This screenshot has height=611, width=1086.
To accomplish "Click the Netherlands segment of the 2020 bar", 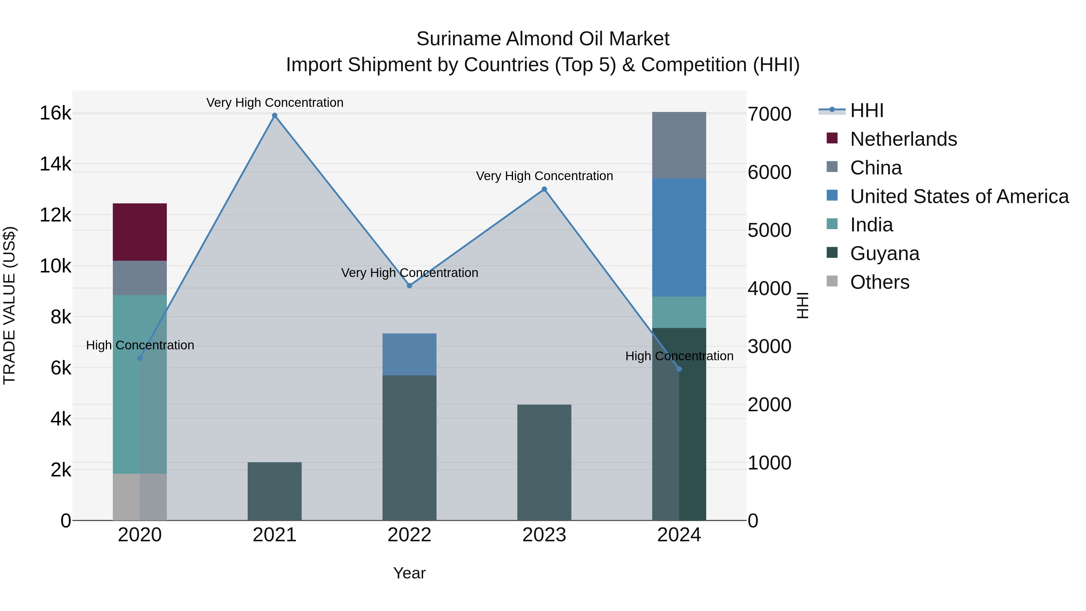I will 140,232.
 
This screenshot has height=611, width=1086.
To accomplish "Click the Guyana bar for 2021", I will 275,491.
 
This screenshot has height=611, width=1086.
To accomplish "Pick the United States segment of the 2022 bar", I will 409,354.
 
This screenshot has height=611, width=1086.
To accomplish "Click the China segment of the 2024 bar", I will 679,145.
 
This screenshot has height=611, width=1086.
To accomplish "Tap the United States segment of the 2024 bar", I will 679,237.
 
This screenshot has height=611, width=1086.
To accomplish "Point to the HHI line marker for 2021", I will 275,116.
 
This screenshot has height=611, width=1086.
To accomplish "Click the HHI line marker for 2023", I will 544,189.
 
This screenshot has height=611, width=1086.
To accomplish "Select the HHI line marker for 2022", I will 409,285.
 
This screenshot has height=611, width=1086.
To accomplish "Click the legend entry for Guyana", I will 884,253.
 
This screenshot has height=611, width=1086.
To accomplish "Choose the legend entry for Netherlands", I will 903,139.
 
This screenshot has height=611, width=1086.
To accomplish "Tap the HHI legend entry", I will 866,110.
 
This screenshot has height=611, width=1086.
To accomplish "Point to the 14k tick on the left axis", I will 55,164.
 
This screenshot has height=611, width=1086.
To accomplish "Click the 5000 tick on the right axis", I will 769,230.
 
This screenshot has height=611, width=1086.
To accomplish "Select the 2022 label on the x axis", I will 409,535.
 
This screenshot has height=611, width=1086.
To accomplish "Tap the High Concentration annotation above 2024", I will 679,356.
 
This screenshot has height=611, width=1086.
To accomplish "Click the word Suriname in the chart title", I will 458,39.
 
